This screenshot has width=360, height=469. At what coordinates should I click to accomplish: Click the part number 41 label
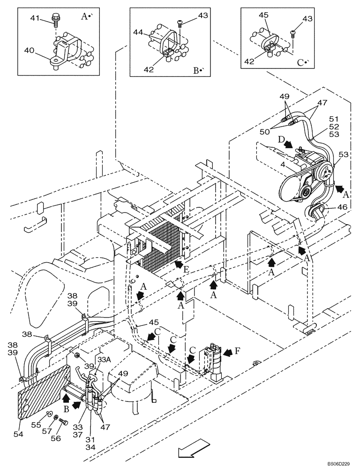pos(35,19)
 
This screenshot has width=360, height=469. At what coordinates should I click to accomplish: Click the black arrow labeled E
pos(177,266)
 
